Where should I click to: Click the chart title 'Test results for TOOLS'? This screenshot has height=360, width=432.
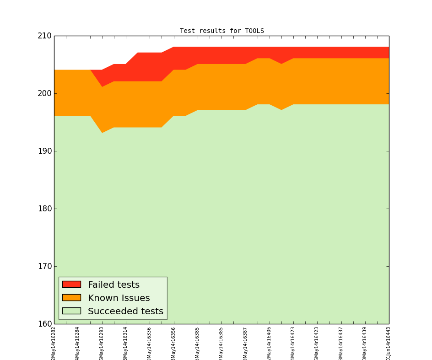pos(221,31)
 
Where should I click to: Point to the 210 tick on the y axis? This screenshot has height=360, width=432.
pos(44,36)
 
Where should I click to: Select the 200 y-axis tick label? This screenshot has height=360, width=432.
pos(44,93)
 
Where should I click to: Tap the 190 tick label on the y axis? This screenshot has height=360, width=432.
pos(44,151)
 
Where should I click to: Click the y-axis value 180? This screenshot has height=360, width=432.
pos(44,209)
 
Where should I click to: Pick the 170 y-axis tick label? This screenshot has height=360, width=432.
pos(44,266)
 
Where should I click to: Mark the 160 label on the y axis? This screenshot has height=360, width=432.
pos(44,324)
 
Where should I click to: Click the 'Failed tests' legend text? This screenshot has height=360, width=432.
pos(113,285)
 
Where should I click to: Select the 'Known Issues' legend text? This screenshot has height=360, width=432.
pos(119,298)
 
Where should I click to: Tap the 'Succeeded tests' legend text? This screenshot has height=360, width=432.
pos(125,312)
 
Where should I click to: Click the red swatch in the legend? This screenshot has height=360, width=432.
pos(71,285)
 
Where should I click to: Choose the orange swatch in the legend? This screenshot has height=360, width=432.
pos(71,298)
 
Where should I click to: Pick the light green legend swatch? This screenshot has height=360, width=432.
pos(71,311)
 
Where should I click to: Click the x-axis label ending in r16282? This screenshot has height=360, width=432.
pos(54,343)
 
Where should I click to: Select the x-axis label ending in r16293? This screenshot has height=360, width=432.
pos(102,343)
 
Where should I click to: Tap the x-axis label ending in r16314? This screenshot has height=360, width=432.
pos(125,343)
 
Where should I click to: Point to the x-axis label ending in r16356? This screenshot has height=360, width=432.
pos(173,343)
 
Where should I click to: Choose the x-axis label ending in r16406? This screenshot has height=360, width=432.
pos(269,343)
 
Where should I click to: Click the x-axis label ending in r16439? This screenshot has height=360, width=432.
pos(365,343)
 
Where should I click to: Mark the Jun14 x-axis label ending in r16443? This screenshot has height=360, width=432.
pos(389,343)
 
